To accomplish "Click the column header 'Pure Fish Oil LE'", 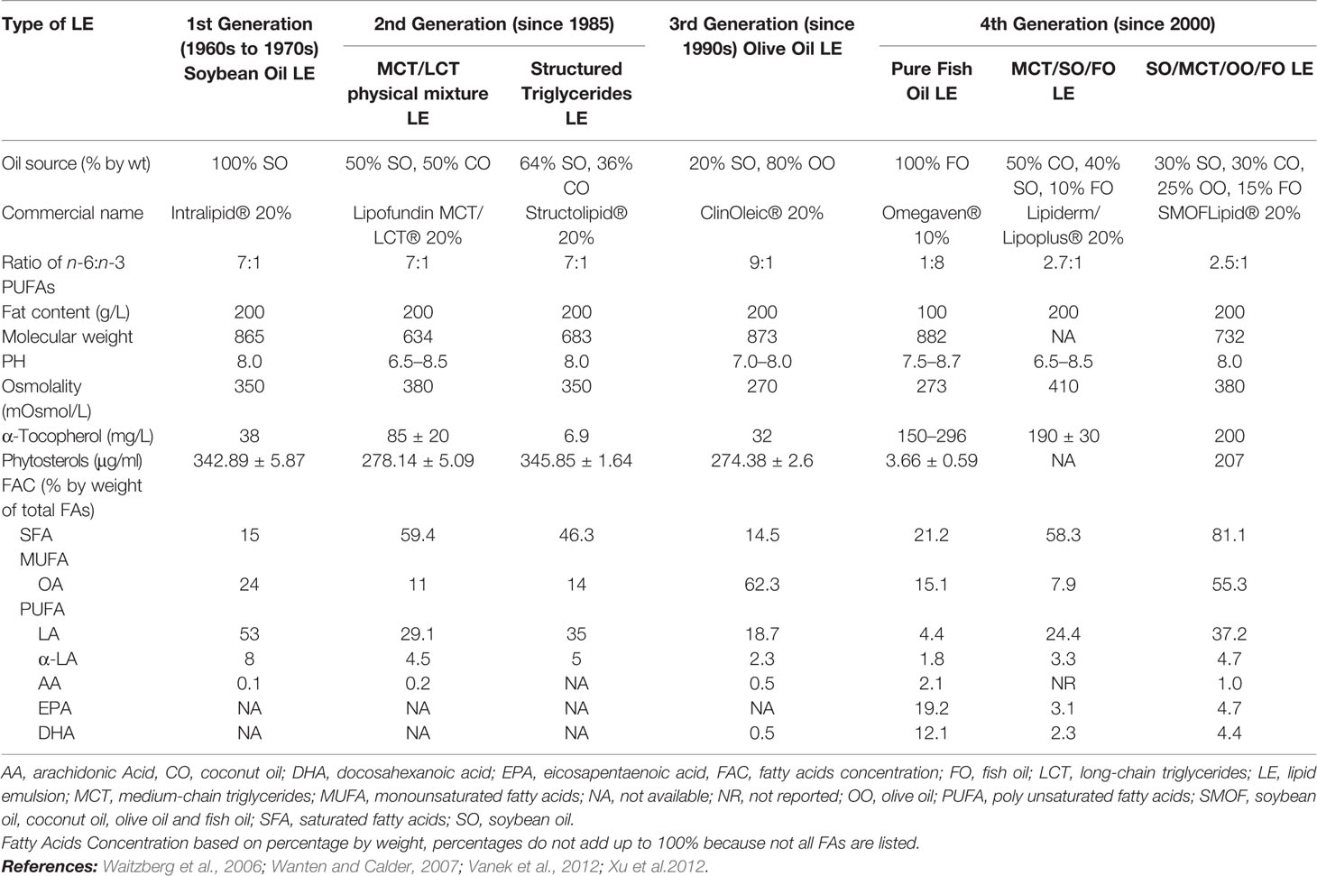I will pos(931,81).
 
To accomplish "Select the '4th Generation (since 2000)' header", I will pos(1097,24).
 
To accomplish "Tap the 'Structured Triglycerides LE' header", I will pos(576,93).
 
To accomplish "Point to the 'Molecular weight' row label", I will pos(67,337).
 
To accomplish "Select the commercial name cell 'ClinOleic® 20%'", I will pos(761,213).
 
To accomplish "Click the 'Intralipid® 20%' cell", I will pos(249,213).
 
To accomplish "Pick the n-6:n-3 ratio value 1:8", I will pos(931,263).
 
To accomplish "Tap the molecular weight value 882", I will pos(931,337).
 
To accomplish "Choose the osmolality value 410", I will pos(1063,386).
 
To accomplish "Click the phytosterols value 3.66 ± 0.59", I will pos(931,460).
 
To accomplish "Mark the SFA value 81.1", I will pos(1228,535).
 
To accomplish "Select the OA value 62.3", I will pos(761,585).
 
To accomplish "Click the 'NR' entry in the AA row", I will pos(1063,684).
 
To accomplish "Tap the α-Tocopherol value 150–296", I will pos(931,436).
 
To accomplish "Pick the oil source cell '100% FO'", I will pos(931,163).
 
